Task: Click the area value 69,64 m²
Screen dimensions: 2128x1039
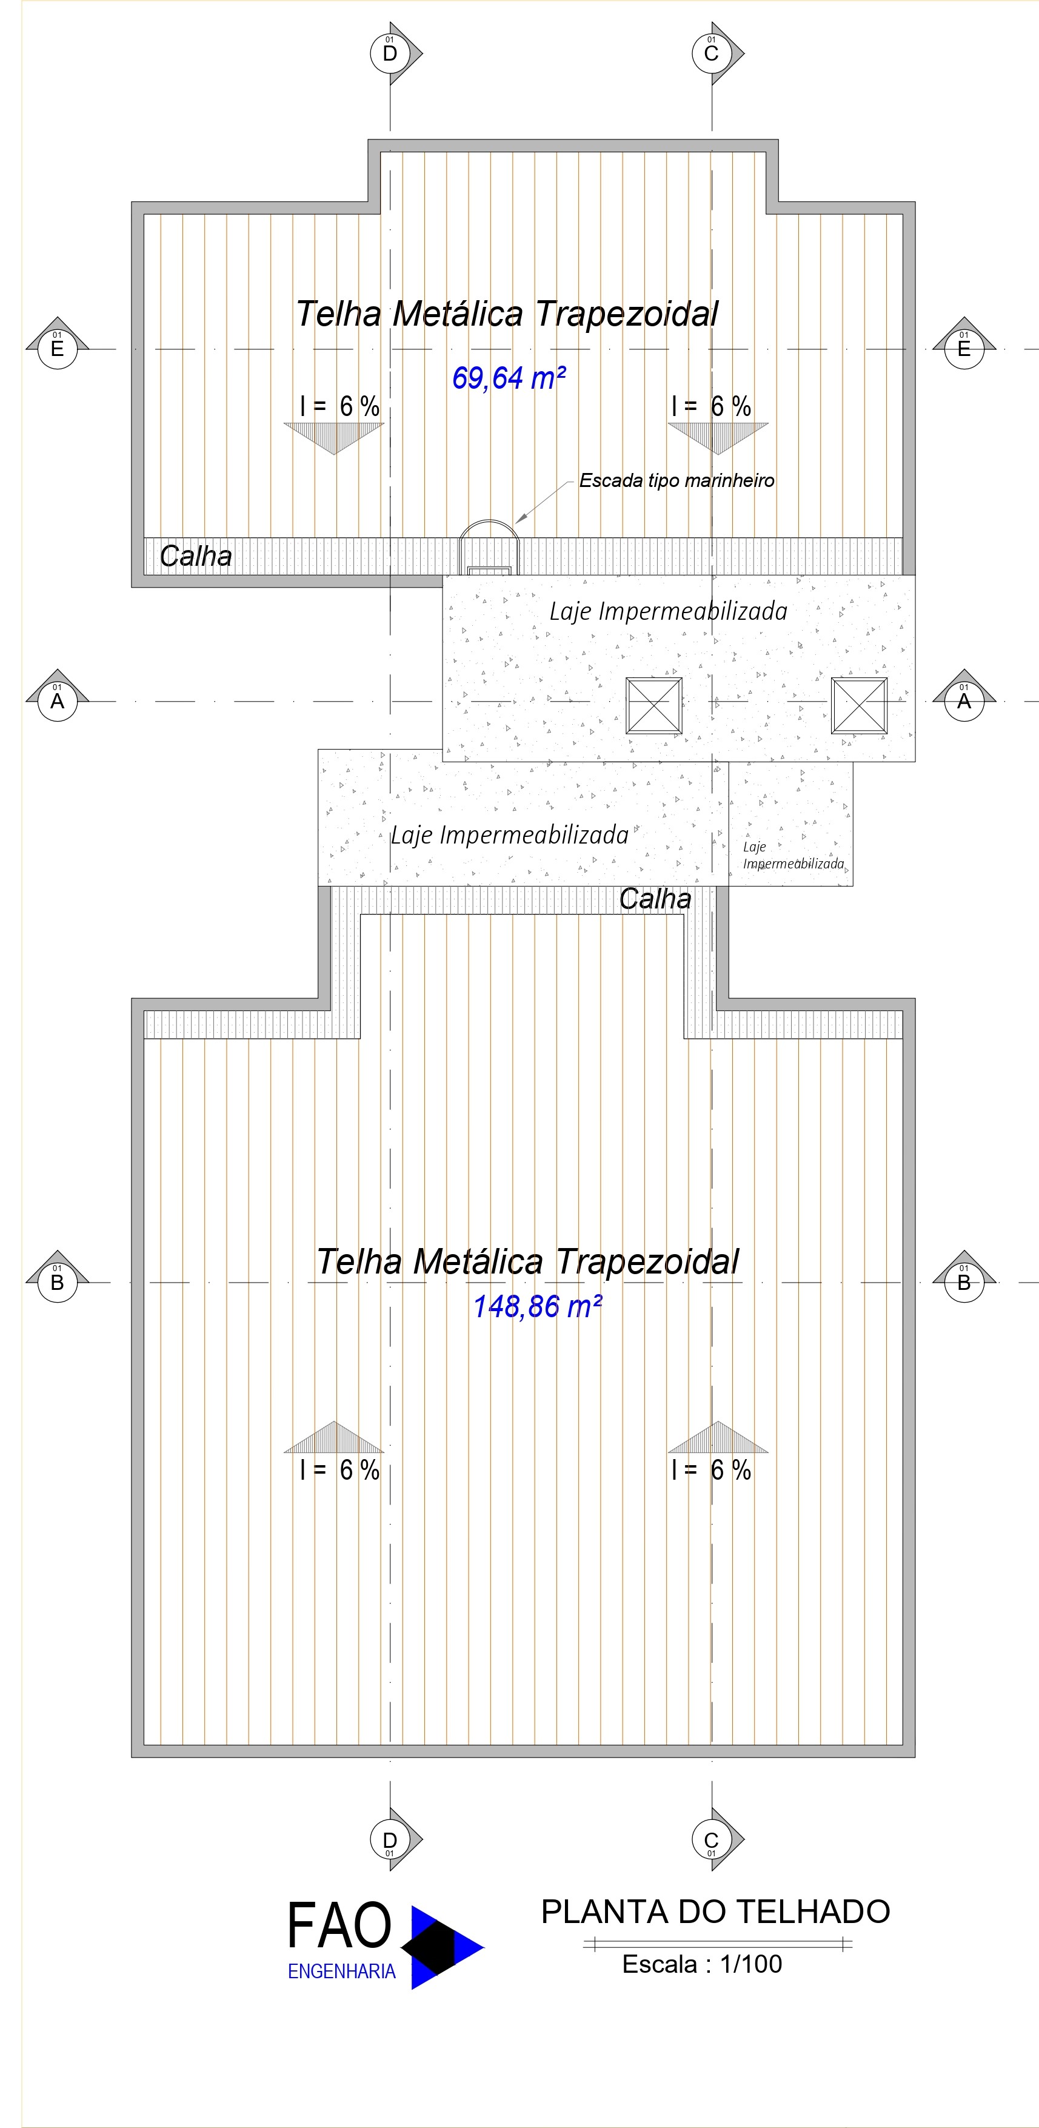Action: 509,378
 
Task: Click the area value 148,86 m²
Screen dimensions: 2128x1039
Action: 537,1307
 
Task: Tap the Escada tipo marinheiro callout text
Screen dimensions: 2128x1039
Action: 677,481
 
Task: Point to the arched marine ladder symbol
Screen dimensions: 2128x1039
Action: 490,545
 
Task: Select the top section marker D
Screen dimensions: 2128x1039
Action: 390,54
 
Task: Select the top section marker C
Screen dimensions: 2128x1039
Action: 711,54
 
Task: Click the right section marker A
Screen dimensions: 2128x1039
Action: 964,700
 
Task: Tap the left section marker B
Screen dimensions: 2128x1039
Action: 57,1282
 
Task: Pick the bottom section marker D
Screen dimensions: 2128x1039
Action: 390,1841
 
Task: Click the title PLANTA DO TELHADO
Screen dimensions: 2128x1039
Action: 715,1912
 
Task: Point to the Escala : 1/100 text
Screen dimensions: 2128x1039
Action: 702,1964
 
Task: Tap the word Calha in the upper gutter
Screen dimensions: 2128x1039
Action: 196,556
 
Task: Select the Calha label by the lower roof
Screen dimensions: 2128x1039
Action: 655,899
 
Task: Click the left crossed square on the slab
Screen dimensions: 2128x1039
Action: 654,705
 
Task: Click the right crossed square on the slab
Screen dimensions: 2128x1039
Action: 859,705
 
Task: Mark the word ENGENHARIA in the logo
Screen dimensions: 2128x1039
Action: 341,1972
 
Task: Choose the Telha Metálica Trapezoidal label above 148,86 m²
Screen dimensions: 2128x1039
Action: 528,1261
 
